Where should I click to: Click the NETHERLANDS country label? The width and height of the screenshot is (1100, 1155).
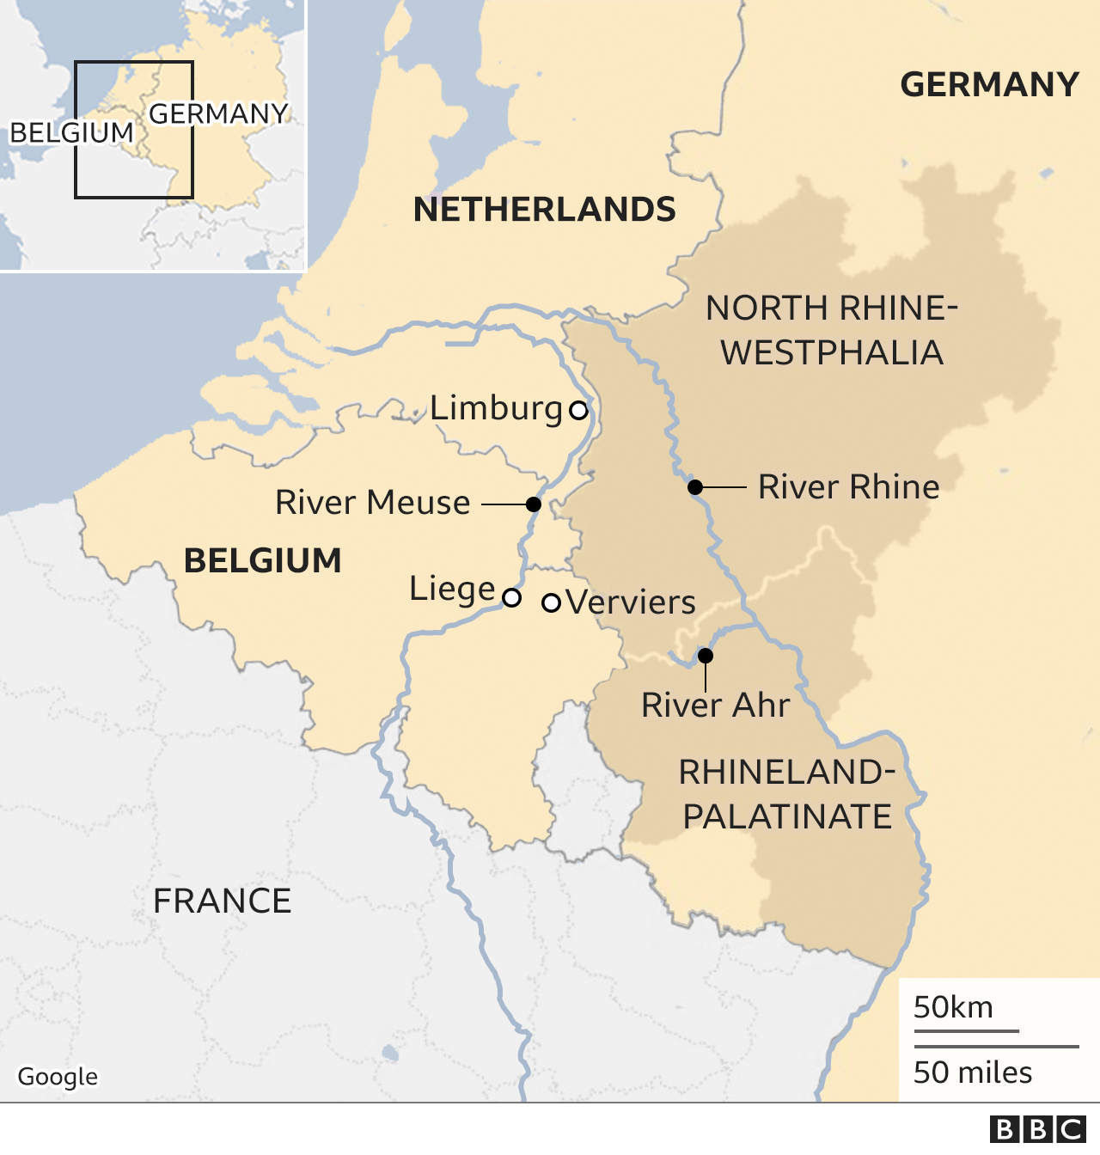click(x=544, y=210)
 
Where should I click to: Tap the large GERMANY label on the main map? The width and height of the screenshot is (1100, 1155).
click(x=989, y=85)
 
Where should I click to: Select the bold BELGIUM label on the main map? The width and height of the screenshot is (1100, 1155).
click(x=263, y=561)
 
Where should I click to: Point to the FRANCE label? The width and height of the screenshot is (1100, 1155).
click(x=222, y=901)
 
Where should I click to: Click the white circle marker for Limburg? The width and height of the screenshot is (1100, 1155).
click(x=579, y=410)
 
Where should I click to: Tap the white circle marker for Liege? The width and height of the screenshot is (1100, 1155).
click(x=511, y=597)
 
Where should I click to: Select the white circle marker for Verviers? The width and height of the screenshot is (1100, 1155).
click(x=551, y=602)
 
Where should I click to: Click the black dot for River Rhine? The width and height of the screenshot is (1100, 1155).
click(x=695, y=487)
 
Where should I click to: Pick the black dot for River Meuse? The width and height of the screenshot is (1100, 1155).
click(x=534, y=504)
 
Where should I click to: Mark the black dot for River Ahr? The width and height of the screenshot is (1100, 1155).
click(x=706, y=656)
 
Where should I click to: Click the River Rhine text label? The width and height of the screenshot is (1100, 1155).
click(x=848, y=487)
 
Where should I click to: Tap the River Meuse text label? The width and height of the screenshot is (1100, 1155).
click(x=372, y=503)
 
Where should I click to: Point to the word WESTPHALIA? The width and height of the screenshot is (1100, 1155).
click(x=832, y=353)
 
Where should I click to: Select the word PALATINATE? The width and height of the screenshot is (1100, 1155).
click(x=787, y=816)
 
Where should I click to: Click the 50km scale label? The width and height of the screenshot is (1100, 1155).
click(x=953, y=1007)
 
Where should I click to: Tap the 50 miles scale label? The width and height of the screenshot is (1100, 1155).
click(x=973, y=1072)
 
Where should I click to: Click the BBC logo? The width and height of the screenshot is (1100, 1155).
click(x=1037, y=1129)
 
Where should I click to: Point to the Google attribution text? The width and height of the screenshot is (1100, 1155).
click(x=58, y=1077)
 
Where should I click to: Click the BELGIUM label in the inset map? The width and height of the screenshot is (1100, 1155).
click(x=71, y=133)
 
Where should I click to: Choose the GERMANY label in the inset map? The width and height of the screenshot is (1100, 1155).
click(x=218, y=113)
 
